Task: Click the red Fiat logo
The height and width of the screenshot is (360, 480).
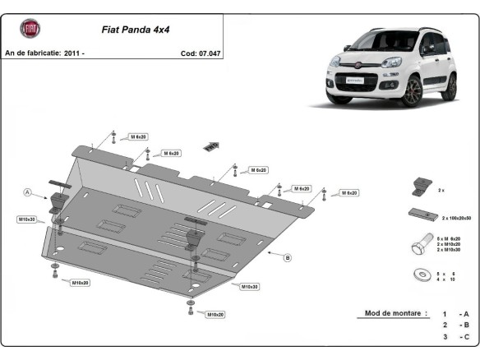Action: click(30, 30)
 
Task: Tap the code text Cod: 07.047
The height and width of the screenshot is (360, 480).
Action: click(201, 53)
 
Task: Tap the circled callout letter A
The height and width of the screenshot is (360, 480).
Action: click(27, 192)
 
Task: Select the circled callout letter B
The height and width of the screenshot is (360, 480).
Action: click(288, 257)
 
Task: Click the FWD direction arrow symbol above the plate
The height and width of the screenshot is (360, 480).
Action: click(212, 145)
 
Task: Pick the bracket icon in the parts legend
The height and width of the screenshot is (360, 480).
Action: click(419, 185)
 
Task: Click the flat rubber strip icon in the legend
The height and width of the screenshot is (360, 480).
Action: click(421, 216)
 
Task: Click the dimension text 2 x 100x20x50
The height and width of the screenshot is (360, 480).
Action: click(457, 219)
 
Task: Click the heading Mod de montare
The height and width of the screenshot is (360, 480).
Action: click(393, 313)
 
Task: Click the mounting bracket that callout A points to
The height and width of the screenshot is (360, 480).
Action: click(58, 201)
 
